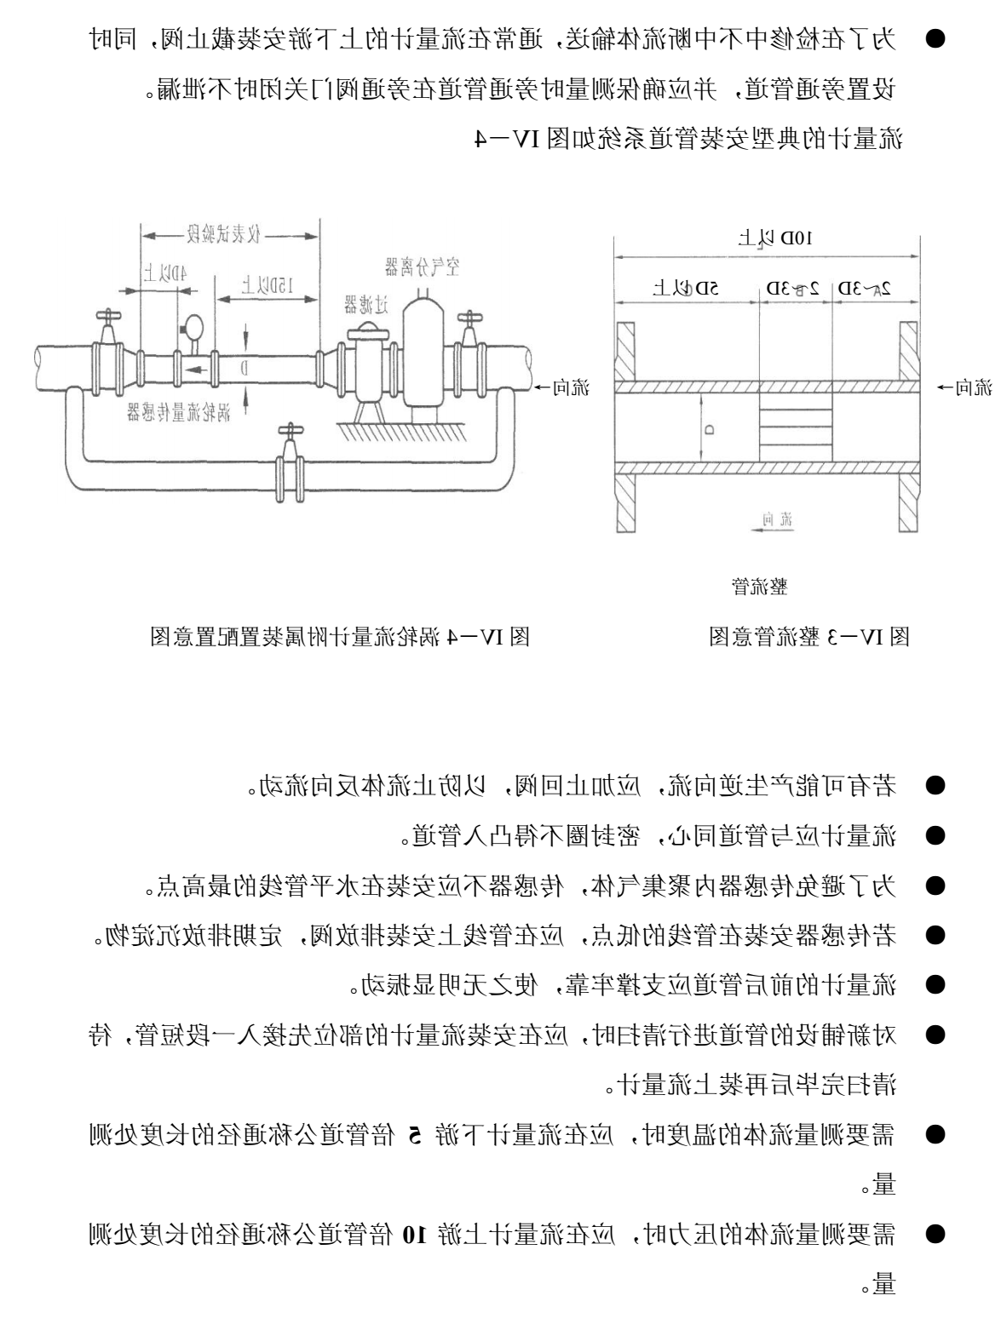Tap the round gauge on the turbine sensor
[193, 326]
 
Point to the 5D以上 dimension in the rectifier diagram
[686, 287]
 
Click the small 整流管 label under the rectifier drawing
[759, 586]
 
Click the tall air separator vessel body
[422, 353]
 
